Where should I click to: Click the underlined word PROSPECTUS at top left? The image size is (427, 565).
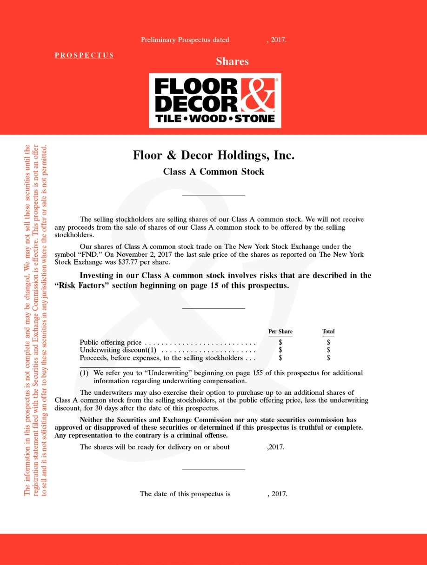[x=84, y=55]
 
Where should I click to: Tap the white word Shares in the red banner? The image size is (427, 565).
[x=232, y=61]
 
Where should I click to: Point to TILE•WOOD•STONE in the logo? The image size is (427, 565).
[x=215, y=119]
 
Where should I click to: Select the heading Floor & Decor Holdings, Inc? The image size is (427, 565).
[x=213, y=155]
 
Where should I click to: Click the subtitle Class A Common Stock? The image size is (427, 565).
[x=213, y=172]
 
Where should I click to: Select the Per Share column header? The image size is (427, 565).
[x=280, y=332]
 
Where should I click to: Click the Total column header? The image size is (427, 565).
[x=328, y=332]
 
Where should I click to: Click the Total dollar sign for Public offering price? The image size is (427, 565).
[x=328, y=343]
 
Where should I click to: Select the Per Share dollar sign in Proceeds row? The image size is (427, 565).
[x=280, y=358]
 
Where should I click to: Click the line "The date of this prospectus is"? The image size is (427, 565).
[x=185, y=494]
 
